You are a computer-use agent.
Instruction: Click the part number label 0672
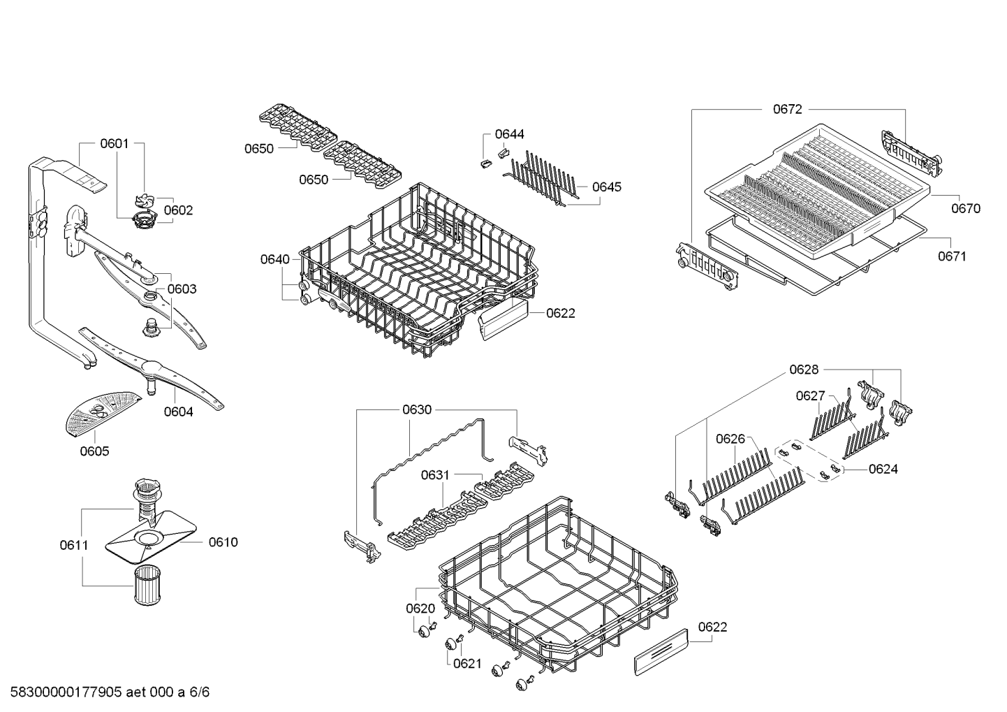click(x=787, y=109)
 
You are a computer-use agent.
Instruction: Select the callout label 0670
click(x=966, y=208)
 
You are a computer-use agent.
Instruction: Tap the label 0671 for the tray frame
click(x=952, y=256)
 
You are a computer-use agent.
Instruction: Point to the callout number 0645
click(x=606, y=187)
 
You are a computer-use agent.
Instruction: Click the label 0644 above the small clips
click(x=509, y=134)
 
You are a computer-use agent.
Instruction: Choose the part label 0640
click(x=275, y=259)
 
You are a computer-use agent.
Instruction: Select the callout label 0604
click(x=179, y=412)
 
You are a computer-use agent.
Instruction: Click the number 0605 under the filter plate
click(x=94, y=451)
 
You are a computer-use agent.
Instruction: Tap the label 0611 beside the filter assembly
click(x=74, y=545)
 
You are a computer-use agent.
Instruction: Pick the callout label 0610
click(x=223, y=542)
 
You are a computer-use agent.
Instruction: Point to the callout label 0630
click(x=417, y=409)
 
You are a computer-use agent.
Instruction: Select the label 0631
click(x=435, y=475)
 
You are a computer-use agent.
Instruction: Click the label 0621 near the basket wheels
click(x=467, y=663)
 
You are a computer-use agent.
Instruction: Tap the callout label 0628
click(x=804, y=370)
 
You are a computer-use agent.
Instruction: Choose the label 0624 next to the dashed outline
click(x=883, y=469)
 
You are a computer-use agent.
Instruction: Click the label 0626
click(x=730, y=439)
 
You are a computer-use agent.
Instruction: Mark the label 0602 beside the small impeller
click(x=178, y=210)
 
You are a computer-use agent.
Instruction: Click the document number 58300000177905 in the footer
click(x=66, y=692)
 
